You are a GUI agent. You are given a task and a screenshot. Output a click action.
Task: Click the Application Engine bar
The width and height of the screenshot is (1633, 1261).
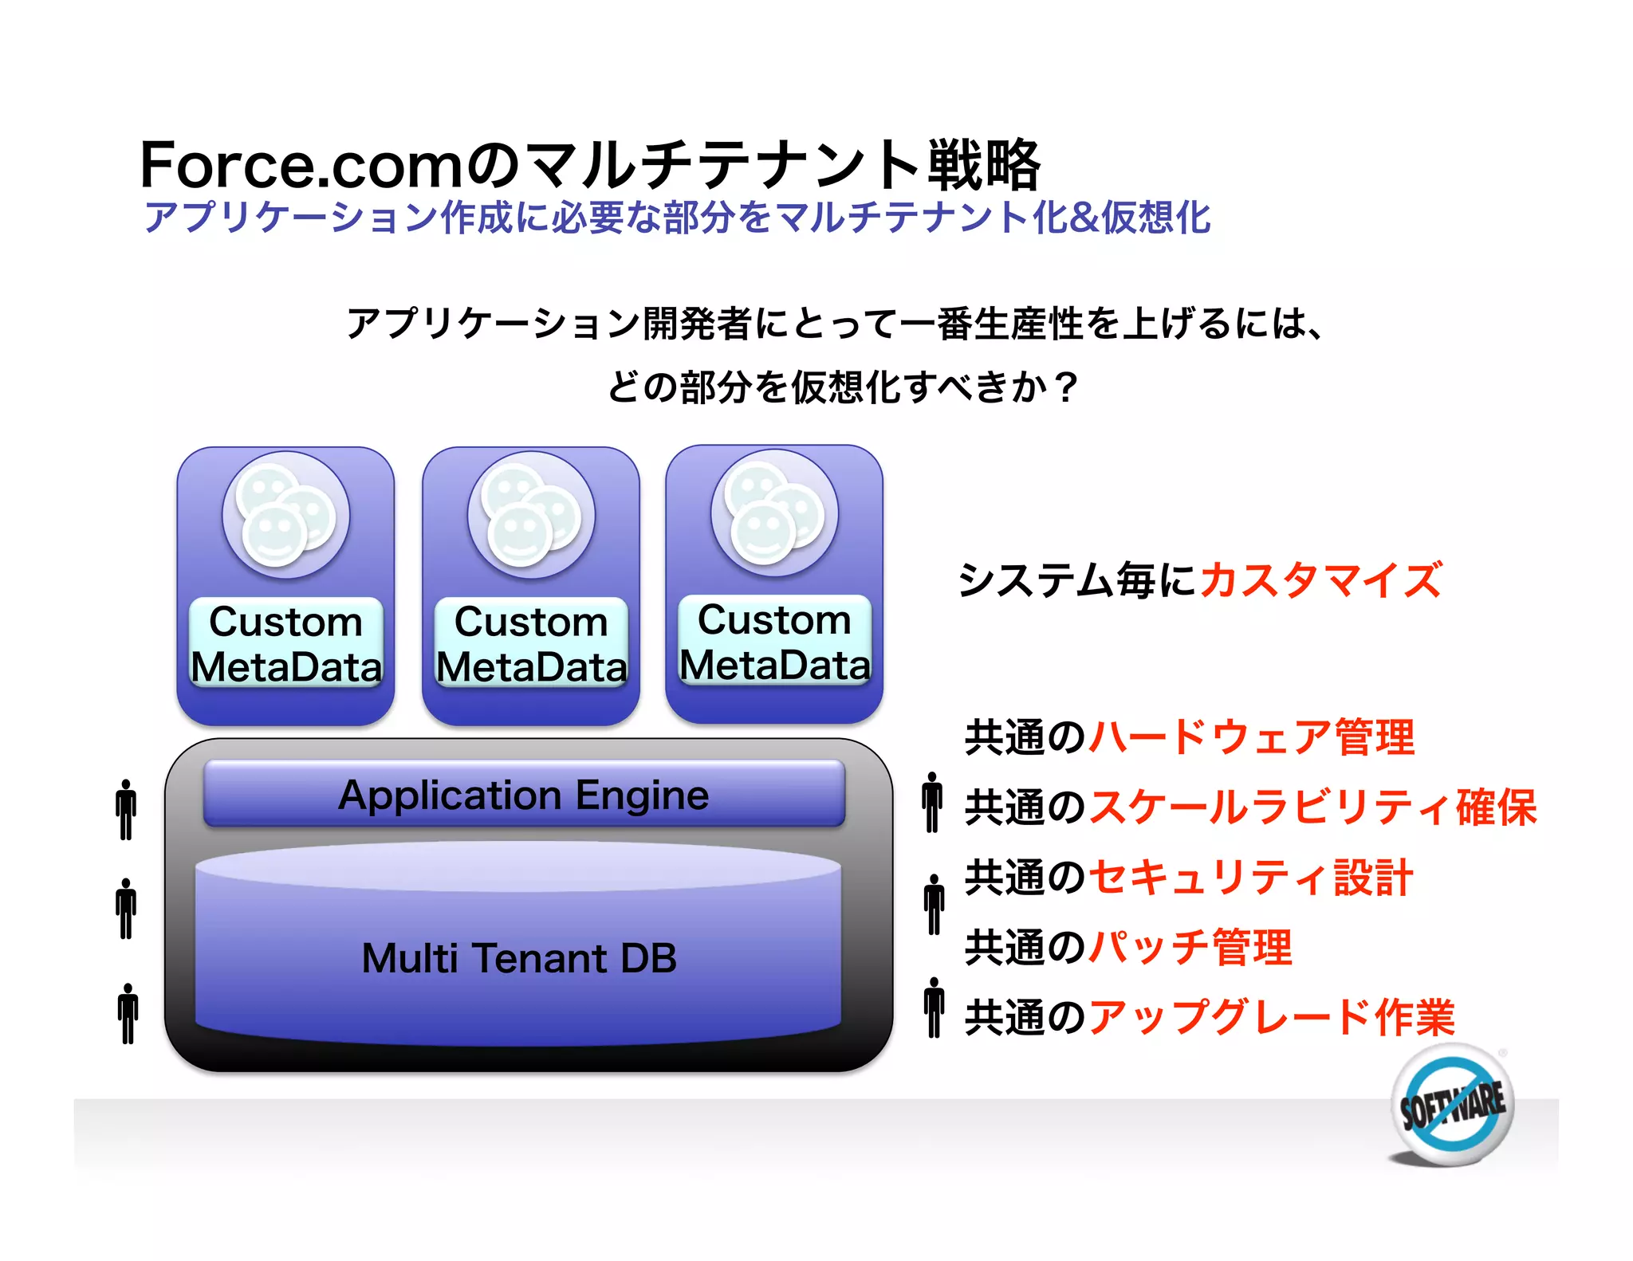pos(524,795)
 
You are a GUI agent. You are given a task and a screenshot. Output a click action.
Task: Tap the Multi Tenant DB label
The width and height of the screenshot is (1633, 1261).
pos(519,958)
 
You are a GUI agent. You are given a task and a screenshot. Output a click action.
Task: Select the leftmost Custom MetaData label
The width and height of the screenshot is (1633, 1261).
pos(285,643)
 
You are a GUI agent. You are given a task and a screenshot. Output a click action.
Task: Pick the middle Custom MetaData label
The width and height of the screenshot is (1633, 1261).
pos(531,643)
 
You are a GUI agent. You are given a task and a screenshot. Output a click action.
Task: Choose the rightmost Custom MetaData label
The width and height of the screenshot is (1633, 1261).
pos(774,642)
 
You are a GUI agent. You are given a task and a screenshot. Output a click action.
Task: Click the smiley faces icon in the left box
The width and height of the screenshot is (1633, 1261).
pos(285,515)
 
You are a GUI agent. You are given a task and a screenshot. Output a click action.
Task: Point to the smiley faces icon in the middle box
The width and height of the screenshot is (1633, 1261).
pos(531,515)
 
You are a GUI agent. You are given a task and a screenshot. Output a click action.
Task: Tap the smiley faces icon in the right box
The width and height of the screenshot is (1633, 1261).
pos(774,513)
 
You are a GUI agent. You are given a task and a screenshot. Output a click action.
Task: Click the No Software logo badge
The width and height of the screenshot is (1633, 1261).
pos(1453,1106)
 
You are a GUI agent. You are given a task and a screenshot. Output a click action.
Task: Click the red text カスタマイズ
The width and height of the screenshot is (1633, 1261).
pos(1320,579)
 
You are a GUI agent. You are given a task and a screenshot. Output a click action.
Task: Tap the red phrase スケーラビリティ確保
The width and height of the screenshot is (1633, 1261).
pos(1312,807)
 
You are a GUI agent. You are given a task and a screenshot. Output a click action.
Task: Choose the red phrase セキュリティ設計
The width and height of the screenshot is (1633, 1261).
pos(1250,878)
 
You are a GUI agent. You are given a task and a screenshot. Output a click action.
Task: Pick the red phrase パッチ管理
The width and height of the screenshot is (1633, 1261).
pos(1190,948)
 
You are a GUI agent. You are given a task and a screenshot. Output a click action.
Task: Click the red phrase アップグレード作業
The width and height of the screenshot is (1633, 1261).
pos(1272,1017)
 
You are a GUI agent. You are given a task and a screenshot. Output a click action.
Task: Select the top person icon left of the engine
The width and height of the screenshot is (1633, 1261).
pos(126,810)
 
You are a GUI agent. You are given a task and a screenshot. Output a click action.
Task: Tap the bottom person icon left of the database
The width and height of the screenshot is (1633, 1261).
pos(128,1014)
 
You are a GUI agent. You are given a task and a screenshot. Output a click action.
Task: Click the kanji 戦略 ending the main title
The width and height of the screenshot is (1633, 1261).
pos(984,165)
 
